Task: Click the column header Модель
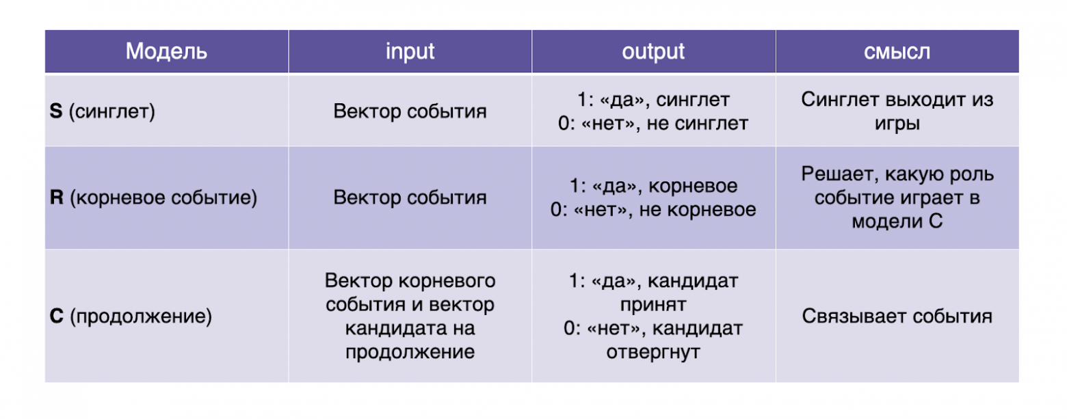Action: [x=166, y=52]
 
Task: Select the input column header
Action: [x=410, y=52]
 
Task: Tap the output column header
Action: [x=653, y=52]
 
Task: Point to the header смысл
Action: [x=897, y=52]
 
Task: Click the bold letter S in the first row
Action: [x=56, y=111]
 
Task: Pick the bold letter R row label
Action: [x=57, y=198]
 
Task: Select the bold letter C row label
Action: [x=57, y=316]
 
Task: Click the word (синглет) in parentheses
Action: [x=111, y=111]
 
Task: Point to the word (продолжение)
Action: [x=141, y=316]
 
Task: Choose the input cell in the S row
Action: [x=410, y=111]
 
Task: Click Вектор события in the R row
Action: [x=410, y=198]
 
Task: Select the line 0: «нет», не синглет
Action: [x=653, y=123]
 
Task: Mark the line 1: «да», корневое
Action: [x=653, y=187]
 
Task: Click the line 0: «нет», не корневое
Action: [x=653, y=209]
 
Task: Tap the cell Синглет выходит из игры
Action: [x=897, y=111]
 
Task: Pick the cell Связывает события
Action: [x=897, y=316]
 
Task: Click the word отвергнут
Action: [x=653, y=352]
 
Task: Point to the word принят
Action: [x=653, y=304]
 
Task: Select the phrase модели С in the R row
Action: [x=897, y=221]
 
